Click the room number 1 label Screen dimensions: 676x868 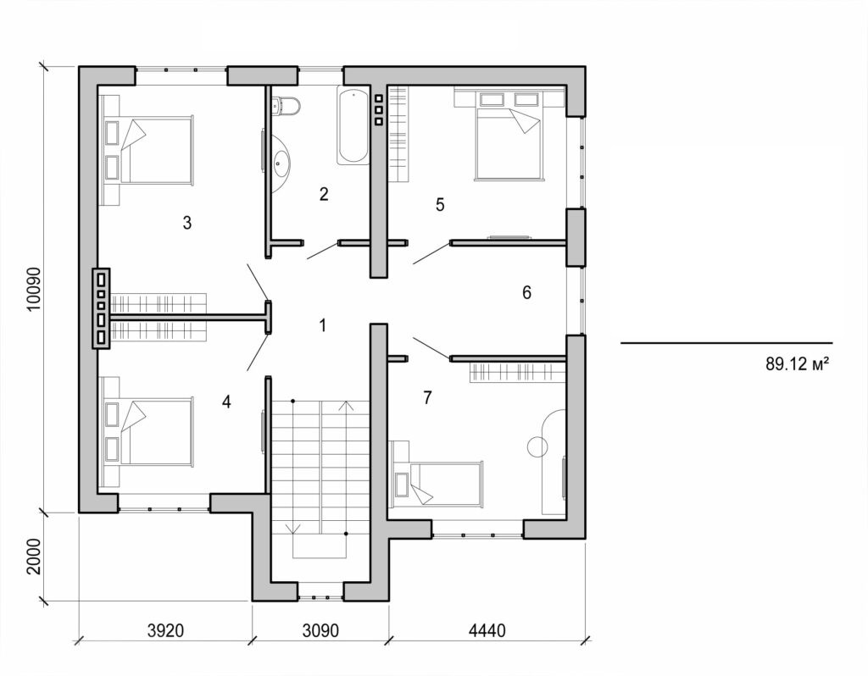(x=322, y=324)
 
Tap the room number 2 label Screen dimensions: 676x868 (x=324, y=194)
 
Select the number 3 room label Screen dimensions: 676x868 (x=187, y=223)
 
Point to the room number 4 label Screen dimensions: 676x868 (x=226, y=402)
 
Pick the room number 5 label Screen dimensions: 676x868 (x=440, y=204)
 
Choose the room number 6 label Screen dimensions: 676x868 (x=526, y=293)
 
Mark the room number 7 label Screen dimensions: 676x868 (x=428, y=396)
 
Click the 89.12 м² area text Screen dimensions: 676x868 (x=797, y=365)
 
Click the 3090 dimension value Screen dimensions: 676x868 (x=320, y=631)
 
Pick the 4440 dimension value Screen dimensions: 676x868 (x=487, y=631)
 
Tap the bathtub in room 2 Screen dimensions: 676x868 (x=353, y=125)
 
